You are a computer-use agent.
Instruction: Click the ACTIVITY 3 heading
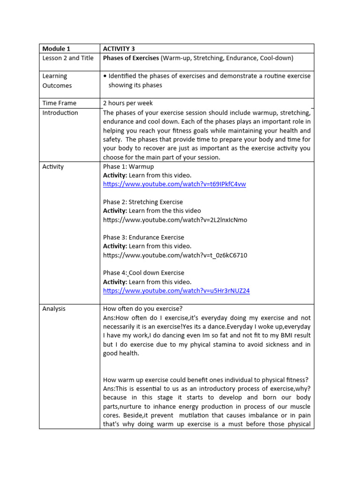coord(119,48)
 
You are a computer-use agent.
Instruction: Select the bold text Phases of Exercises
coord(131,58)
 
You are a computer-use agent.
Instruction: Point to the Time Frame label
coord(59,103)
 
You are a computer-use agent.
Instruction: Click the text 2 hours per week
coord(128,103)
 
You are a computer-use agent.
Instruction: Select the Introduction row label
coord(60,113)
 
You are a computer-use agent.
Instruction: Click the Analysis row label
coord(54,308)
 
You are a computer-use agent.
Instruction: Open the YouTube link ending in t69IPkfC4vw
coord(174,184)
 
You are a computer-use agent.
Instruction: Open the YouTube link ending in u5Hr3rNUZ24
coord(176,291)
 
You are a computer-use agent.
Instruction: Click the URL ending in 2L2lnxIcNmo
coord(175,220)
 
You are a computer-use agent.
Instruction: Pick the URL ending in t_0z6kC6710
coord(175,255)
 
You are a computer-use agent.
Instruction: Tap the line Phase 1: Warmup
coord(128,166)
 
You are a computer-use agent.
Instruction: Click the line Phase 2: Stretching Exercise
coord(143,202)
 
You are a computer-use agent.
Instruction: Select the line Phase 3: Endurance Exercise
coord(143,237)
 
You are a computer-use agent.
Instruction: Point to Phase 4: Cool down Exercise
coord(143,273)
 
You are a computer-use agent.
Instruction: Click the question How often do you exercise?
coord(142,308)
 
